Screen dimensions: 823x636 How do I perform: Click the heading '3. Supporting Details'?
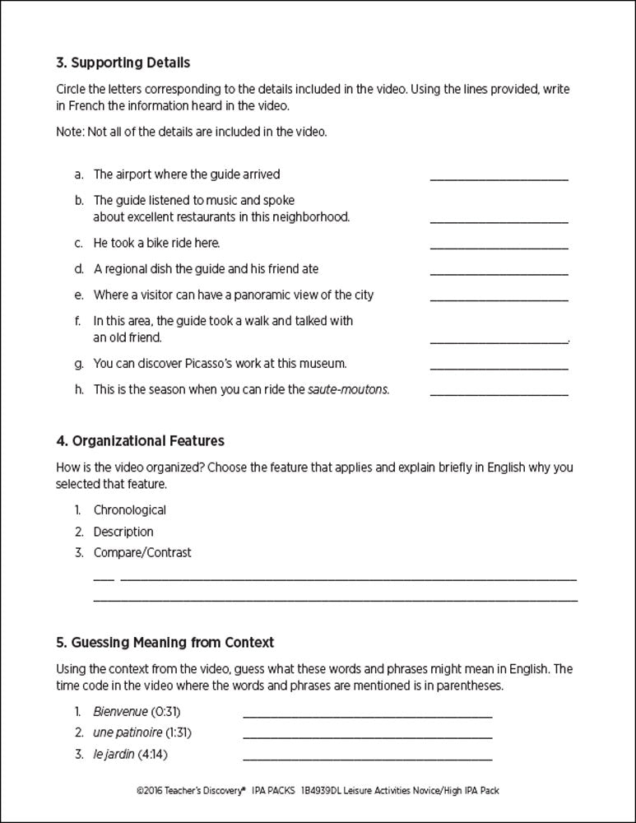tap(123, 63)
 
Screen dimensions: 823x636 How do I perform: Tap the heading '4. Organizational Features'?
tap(140, 441)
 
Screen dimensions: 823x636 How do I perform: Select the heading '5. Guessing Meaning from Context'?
tap(165, 642)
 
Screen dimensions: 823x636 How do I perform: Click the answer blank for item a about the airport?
tap(499, 178)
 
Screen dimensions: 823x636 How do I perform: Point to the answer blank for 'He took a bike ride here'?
tap(499, 247)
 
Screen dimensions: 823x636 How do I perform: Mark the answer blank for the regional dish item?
tap(499, 272)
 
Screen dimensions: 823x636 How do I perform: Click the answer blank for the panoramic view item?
tap(499, 299)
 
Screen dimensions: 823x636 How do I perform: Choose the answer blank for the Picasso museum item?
tap(499, 367)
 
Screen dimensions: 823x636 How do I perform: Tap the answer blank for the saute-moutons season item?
tap(499, 393)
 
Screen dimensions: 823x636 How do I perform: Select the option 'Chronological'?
tap(129, 510)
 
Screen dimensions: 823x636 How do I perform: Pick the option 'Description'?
tap(123, 532)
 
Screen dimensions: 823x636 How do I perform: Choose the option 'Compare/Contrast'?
tap(142, 553)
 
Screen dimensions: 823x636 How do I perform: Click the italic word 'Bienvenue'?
tap(120, 711)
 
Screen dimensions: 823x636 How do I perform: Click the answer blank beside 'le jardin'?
tap(368, 757)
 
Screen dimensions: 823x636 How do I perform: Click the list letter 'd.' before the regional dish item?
tap(79, 269)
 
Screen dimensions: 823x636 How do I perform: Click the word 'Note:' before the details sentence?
tap(71, 132)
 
